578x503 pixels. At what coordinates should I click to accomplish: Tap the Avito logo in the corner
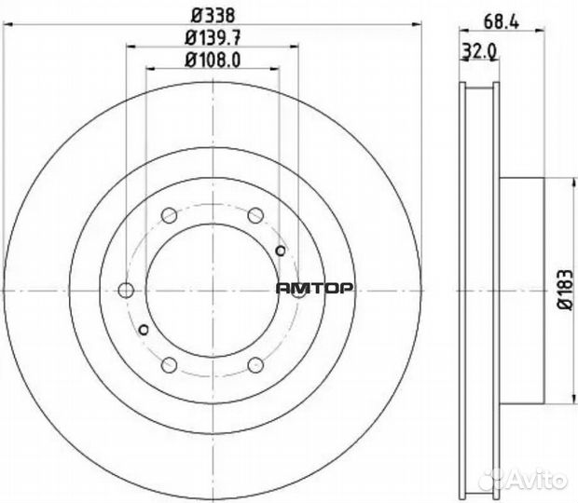(x=541, y=480)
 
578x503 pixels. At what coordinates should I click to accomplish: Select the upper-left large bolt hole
(x=169, y=216)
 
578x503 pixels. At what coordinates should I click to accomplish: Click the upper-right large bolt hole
(x=255, y=216)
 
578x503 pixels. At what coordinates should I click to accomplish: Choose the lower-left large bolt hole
(x=169, y=364)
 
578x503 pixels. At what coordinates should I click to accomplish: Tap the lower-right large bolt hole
(x=255, y=364)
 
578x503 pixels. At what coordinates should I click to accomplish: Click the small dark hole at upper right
(x=282, y=250)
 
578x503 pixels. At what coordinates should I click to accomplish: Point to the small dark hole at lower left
(x=143, y=330)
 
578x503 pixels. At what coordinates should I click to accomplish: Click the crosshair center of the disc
(x=213, y=290)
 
